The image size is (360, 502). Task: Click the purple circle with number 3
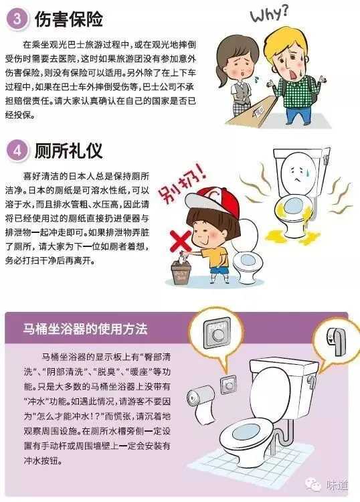click(17, 18)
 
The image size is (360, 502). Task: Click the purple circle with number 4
click(17, 150)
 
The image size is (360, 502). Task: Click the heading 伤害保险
click(68, 19)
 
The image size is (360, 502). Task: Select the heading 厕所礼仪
click(68, 151)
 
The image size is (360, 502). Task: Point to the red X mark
click(181, 241)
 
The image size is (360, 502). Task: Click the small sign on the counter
click(258, 112)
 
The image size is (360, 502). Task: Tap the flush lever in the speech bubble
click(338, 341)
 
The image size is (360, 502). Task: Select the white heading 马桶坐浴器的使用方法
click(86, 329)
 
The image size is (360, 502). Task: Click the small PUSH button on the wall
click(229, 384)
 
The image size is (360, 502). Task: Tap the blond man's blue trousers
click(298, 114)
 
